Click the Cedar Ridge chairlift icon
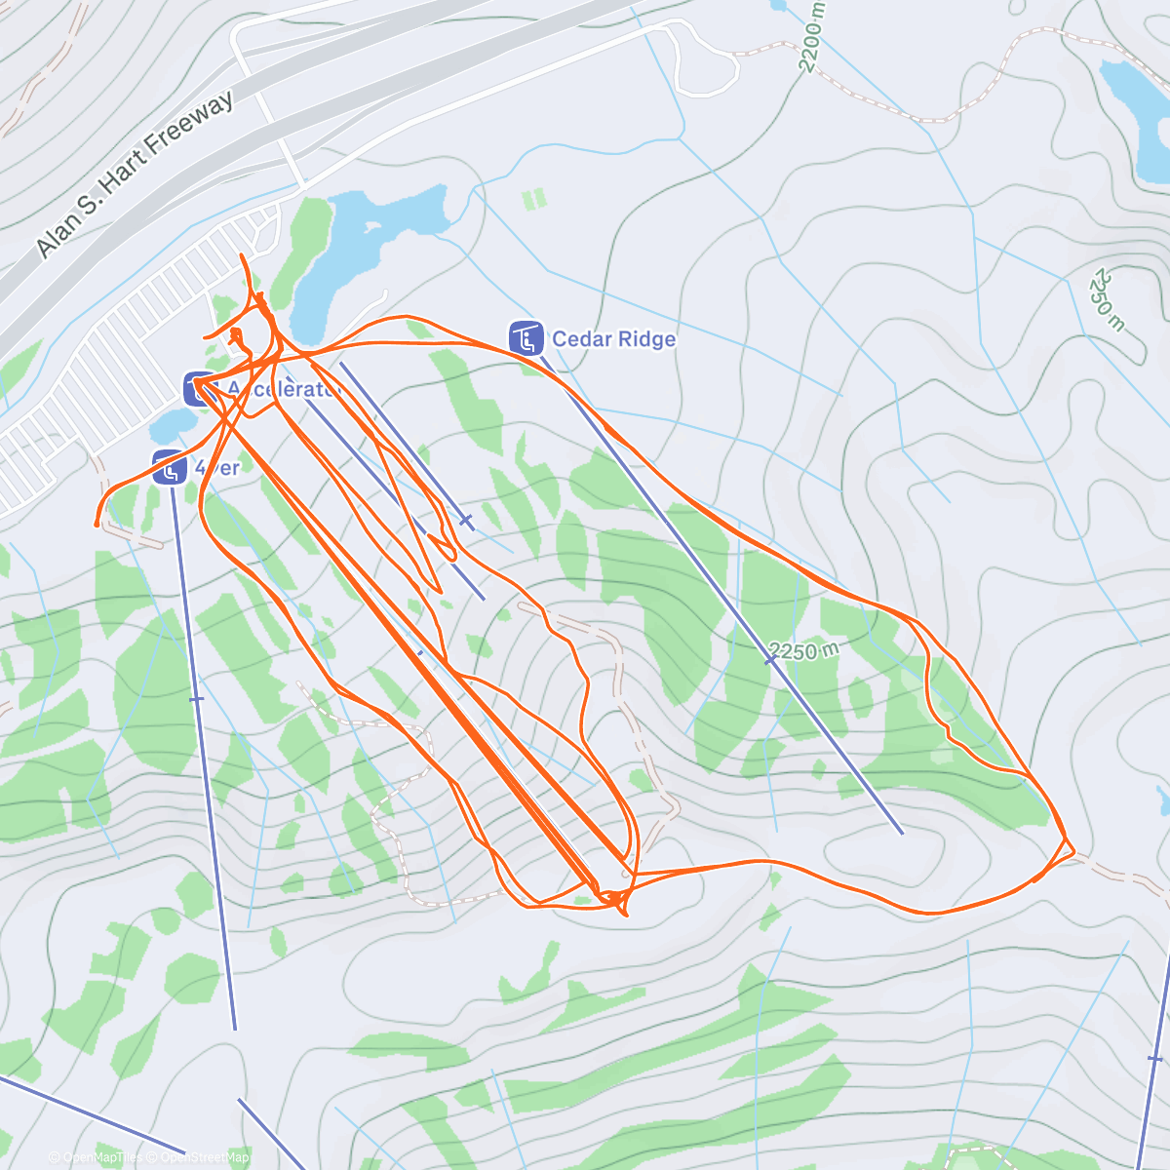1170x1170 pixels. (526, 338)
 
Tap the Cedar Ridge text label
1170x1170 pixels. (613, 339)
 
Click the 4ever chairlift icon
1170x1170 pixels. (170, 467)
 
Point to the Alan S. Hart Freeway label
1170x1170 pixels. (136, 175)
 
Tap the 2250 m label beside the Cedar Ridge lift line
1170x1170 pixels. (803, 650)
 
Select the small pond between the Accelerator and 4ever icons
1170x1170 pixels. (174, 424)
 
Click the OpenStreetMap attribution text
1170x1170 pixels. (204, 1157)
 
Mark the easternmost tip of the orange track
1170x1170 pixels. (1073, 852)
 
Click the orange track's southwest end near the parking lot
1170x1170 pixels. (97, 524)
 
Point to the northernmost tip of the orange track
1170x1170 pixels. (242, 255)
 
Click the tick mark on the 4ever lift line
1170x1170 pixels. (196, 699)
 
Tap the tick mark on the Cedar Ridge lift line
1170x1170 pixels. (770, 660)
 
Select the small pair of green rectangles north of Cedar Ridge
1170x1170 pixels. (533, 200)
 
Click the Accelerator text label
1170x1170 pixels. (283, 390)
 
